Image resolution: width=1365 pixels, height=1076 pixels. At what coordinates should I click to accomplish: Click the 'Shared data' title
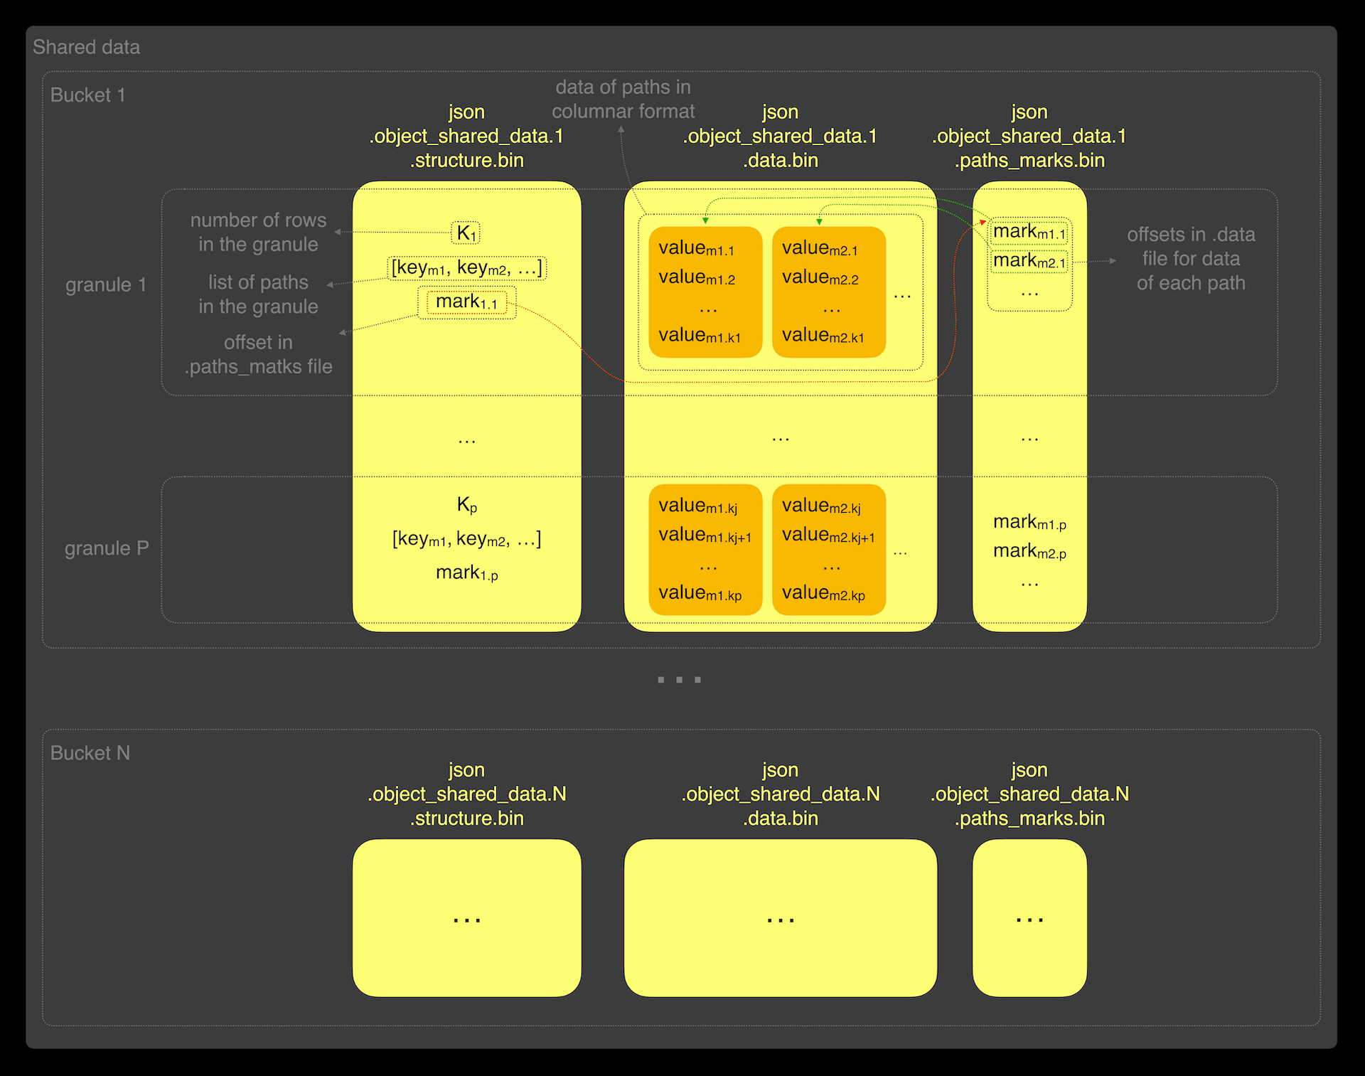tap(86, 47)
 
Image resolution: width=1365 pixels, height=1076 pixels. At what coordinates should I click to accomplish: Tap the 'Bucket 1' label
tap(87, 95)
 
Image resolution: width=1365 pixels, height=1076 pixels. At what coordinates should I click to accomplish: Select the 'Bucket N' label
tap(90, 753)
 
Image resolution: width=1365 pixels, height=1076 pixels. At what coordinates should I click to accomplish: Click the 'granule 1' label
tap(106, 284)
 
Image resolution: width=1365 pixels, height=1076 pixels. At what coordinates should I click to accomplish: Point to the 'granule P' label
tap(107, 548)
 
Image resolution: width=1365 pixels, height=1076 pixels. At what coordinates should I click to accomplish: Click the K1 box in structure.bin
tap(466, 233)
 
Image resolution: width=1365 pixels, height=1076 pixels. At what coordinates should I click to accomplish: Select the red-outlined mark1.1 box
tap(466, 302)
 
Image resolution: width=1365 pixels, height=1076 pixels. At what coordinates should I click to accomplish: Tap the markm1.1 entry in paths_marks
tap(1029, 232)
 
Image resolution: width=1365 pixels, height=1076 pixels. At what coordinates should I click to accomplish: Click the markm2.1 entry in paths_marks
tap(1029, 261)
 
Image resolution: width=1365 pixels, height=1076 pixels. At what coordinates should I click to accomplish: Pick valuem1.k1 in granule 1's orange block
tap(700, 335)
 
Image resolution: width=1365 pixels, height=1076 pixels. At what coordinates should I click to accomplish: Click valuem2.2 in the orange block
tap(820, 277)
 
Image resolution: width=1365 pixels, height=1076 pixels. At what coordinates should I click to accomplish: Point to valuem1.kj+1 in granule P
tap(705, 535)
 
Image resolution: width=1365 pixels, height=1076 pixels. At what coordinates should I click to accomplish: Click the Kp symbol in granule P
tap(466, 505)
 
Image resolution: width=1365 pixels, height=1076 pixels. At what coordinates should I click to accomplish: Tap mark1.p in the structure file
tap(466, 572)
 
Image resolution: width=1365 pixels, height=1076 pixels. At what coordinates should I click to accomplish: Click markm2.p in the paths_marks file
tap(1029, 551)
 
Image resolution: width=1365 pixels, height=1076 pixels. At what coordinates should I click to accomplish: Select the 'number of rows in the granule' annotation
tap(258, 232)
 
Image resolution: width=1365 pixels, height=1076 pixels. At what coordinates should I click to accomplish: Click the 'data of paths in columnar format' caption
tap(623, 99)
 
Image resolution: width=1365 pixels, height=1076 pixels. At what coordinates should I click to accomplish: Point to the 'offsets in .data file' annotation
tap(1191, 258)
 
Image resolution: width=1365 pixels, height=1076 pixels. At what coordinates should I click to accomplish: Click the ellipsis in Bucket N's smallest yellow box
tap(1029, 920)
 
